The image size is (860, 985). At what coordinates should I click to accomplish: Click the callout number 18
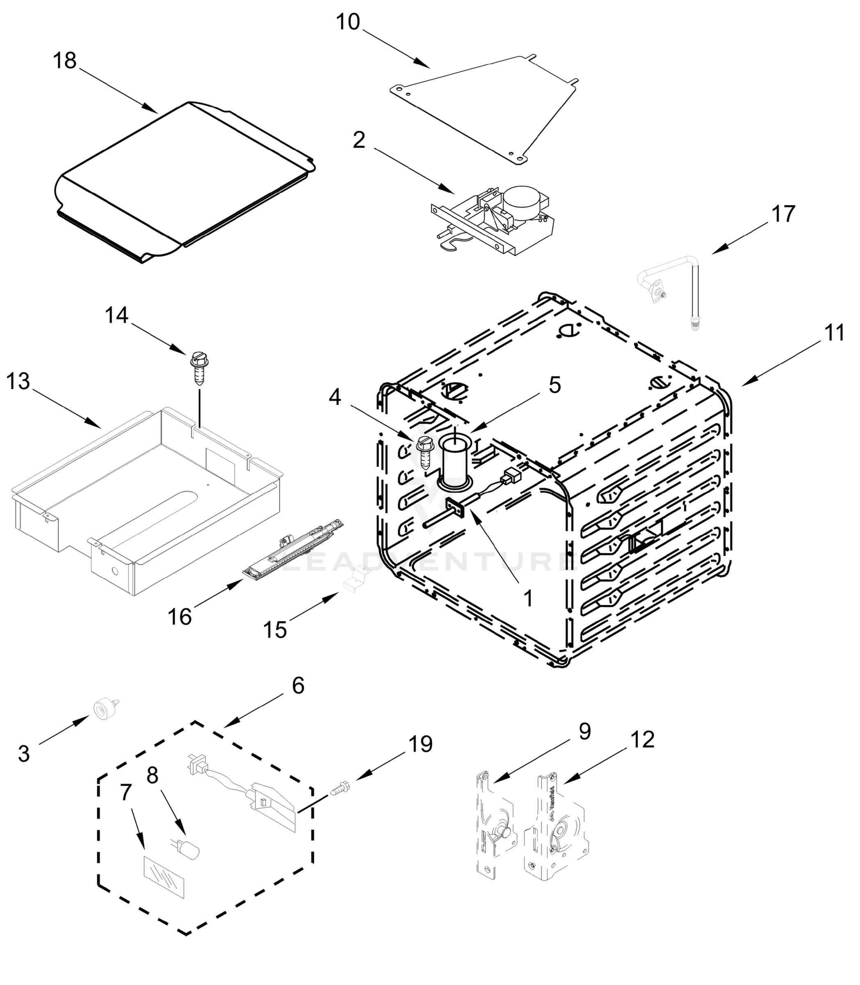(x=64, y=61)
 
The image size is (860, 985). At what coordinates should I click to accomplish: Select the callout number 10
(x=347, y=22)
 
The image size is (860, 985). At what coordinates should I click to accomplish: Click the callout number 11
(x=834, y=332)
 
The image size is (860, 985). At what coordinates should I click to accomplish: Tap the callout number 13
(x=18, y=382)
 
